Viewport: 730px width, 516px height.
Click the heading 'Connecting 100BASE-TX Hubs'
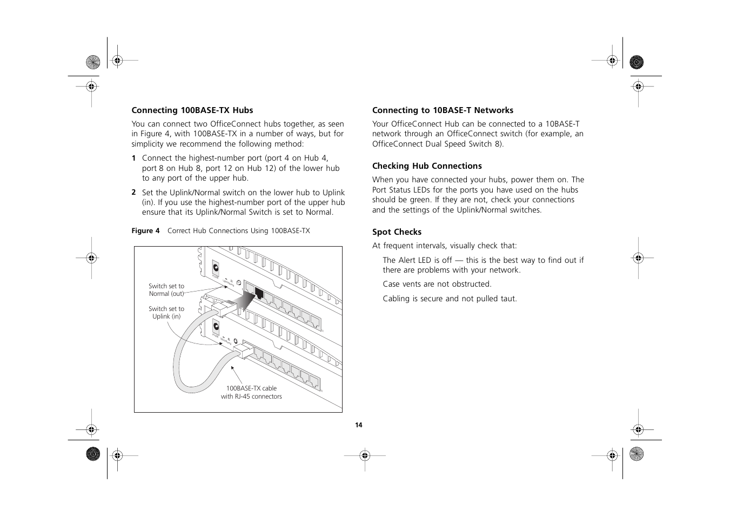(x=192, y=110)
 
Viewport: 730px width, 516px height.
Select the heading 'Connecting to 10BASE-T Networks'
(x=443, y=110)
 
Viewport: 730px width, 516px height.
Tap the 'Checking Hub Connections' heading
(x=427, y=166)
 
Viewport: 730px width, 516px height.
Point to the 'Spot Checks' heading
(x=397, y=232)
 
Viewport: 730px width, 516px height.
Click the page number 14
(x=358, y=425)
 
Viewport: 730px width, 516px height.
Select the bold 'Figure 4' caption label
(x=145, y=231)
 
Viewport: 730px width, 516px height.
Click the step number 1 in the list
(x=133, y=158)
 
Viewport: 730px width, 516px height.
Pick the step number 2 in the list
(x=133, y=193)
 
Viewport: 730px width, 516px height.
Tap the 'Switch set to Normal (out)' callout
(x=166, y=290)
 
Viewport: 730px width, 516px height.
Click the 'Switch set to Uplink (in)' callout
(x=166, y=313)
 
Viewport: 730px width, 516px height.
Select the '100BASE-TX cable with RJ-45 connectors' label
(x=251, y=392)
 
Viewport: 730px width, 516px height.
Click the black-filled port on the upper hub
(x=259, y=294)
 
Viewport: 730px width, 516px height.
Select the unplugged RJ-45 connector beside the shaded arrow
(x=222, y=307)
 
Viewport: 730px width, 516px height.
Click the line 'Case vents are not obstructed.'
(x=437, y=284)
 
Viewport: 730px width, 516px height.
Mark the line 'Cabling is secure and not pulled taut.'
(x=450, y=299)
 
